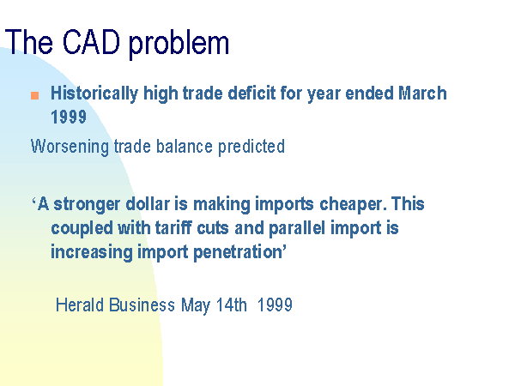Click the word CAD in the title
point(91,42)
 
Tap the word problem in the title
point(179,45)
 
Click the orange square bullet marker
point(35,95)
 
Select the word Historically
point(94,93)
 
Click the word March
point(422,93)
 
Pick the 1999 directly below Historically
point(69,117)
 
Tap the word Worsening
point(70,147)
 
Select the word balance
point(185,146)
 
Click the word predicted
point(251,147)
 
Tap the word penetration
point(239,253)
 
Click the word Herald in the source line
point(80,305)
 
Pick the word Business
point(142,305)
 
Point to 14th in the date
point(231,305)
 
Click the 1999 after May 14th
point(275,305)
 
